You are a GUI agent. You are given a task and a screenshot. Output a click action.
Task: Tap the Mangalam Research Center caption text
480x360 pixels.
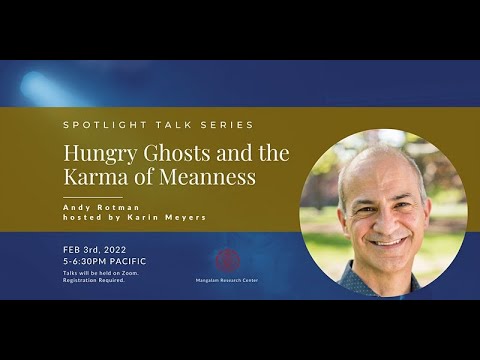[229, 282]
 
